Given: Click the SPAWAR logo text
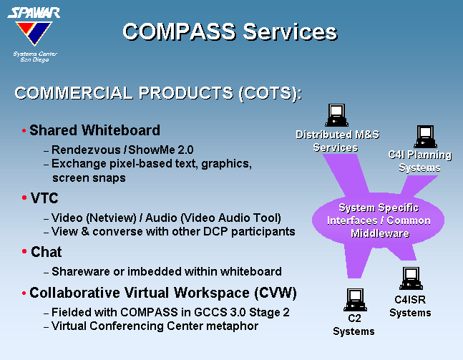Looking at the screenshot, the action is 34,13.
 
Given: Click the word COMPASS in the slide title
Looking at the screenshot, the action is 179,31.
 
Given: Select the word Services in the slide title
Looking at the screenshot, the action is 290,31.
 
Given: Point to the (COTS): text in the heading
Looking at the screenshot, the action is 271,93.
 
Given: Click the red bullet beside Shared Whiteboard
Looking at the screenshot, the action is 24,130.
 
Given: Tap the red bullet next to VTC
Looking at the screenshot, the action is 24,198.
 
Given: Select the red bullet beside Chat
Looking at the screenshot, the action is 24,252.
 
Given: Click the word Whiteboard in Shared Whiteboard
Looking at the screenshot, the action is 121,130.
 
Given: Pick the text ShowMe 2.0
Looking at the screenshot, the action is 161,150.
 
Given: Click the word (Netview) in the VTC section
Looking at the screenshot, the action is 112,218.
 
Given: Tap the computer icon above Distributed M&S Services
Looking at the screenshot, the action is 336,115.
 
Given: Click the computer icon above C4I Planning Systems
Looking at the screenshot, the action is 426,137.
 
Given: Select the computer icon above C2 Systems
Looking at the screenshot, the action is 355,300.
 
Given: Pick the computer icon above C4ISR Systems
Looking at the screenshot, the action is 411,278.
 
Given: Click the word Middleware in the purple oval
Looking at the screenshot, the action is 380,233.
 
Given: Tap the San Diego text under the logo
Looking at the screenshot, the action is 34,59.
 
